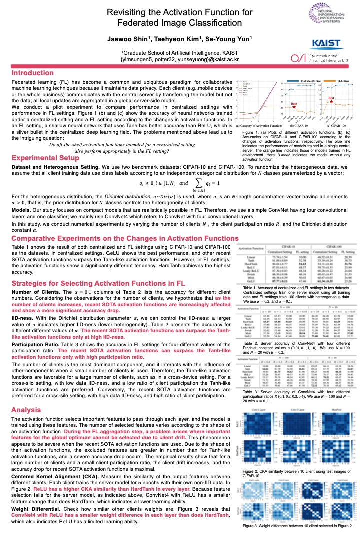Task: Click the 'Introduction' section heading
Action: pyautogui.click(x=33, y=73)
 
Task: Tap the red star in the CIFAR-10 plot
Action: pyautogui.click(x=294, y=106)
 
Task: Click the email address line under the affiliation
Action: pyautogui.click(x=180, y=59)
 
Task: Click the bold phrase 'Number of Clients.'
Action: pyautogui.click(x=34, y=291)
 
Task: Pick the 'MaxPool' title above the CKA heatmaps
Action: pyautogui.click(x=336, y=409)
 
